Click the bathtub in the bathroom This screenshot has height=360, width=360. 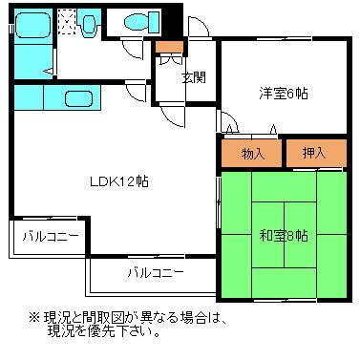34,24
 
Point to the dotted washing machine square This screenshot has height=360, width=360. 68,20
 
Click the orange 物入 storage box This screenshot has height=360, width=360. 252,151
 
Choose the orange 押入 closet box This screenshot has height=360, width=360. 314,151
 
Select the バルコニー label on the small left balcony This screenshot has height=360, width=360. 48,235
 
